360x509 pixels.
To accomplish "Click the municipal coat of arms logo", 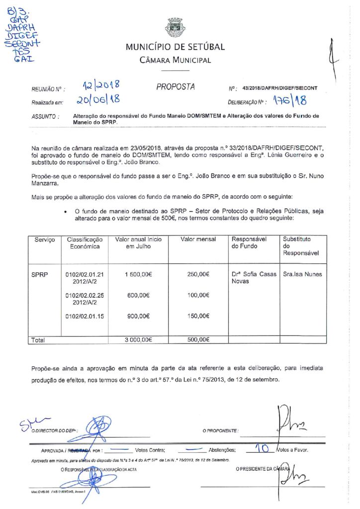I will (x=175, y=28).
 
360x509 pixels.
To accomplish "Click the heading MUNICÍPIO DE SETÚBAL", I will (x=175, y=47).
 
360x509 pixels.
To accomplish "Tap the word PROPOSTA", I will (x=176, y=87).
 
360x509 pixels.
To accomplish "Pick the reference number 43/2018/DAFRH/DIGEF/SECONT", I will (x=280, y=88).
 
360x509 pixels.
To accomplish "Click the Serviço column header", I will (x=45, y=240).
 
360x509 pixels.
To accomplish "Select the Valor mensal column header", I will (x=198, y=240).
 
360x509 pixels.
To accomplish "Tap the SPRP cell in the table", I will (x=40, y=274).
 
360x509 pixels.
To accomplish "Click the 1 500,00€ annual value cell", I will (x=137, y=274).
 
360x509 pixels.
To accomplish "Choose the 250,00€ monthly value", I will (x=198, y=274).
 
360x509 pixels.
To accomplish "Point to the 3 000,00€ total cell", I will (x=138, y=340).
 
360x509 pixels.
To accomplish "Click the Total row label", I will (x=38, y=340).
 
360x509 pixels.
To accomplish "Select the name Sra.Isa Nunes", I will (x=302, y=274).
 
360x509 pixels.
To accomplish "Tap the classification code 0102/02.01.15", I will (x=85, y=316).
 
